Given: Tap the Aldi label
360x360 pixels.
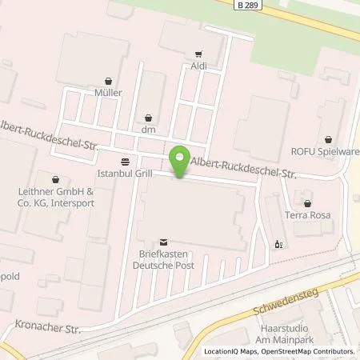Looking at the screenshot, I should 198,68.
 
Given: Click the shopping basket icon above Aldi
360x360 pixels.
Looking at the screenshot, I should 198,54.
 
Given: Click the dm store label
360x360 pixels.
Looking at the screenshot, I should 146,128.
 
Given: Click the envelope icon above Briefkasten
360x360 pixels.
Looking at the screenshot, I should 164,241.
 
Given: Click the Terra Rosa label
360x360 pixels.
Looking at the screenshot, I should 306,216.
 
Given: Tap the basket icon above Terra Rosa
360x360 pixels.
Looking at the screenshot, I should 307,203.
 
